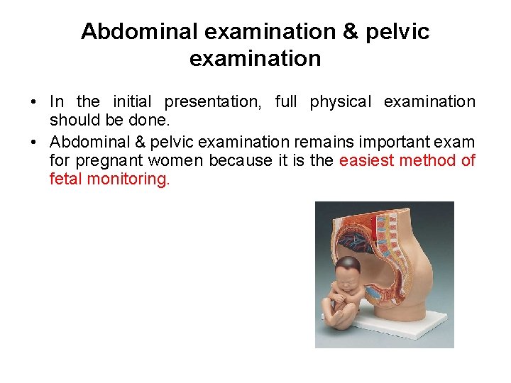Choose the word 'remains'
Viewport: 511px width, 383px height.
coord(319,140)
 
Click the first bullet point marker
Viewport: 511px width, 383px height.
coord(34,102)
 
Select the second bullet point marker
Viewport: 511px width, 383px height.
coord(34,140)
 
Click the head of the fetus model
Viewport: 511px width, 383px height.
coord(348,272)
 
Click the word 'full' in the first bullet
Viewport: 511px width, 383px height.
coord(286,102)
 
